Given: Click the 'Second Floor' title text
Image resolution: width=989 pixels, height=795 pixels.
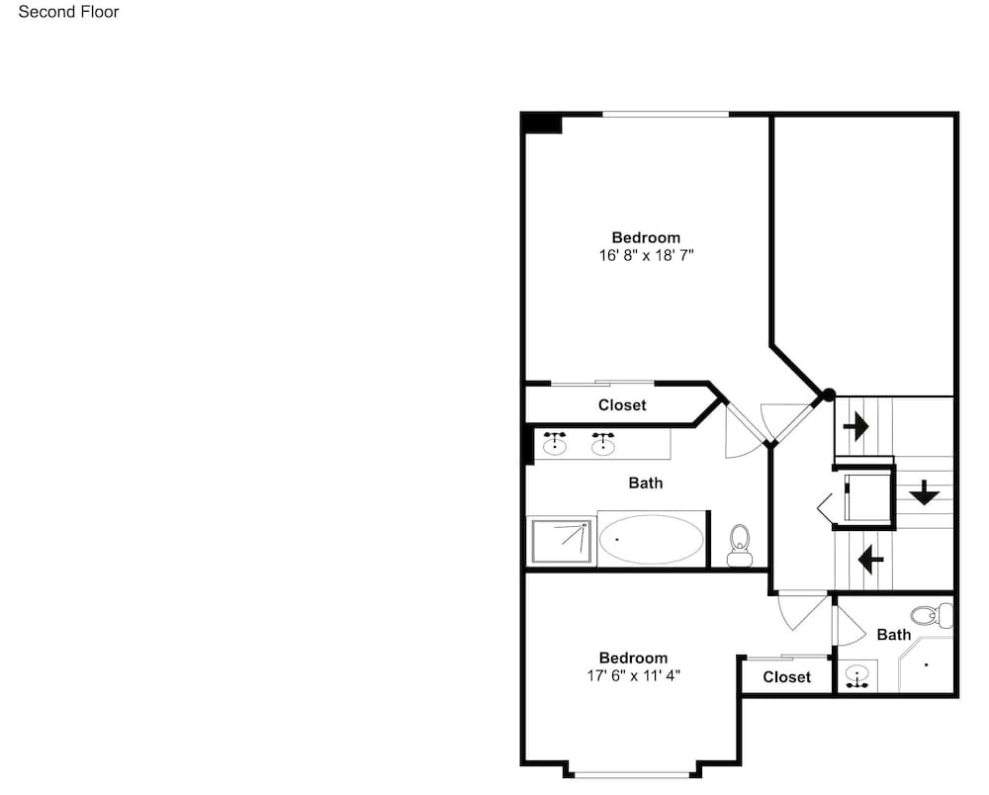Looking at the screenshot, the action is [69, 12].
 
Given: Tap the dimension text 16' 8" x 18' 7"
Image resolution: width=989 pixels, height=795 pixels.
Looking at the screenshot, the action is [646, 255].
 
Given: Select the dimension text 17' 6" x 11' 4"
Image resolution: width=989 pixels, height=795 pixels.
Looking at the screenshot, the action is [633, 675].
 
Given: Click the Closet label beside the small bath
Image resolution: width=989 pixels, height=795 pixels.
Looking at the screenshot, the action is [786, 677].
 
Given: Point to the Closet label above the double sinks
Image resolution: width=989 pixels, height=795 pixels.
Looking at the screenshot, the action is [622, 404].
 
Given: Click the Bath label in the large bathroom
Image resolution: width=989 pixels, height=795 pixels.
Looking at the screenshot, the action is [645, 483].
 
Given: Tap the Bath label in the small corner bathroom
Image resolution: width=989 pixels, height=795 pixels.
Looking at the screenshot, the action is [894, 635].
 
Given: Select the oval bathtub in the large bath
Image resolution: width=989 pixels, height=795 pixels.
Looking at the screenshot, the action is [651, 540].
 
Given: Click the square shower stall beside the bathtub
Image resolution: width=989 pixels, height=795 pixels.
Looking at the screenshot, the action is [562, 541].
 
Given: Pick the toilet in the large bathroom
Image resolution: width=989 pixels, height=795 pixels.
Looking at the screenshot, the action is [739, 546].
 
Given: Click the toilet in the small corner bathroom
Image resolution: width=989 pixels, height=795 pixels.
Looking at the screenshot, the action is [932, 615].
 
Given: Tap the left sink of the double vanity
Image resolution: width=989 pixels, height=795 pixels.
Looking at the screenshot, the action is [555, 444].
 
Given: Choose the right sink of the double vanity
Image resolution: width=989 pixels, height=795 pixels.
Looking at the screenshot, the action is [603, 444].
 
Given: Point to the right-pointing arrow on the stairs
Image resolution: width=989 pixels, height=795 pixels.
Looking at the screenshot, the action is [855, 427].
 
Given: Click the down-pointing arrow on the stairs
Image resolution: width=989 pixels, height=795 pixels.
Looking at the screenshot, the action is [924, 492].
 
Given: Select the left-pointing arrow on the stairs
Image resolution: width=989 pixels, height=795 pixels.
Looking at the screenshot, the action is [871, 559].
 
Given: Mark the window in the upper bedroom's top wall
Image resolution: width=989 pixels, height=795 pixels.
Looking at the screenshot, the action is [666, 114].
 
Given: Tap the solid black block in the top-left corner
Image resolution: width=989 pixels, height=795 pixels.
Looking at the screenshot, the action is [542, 123].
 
